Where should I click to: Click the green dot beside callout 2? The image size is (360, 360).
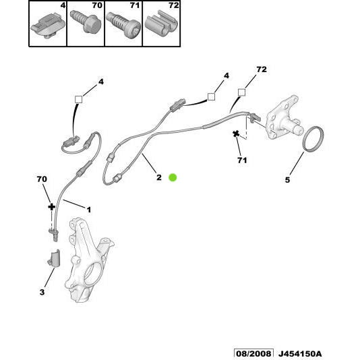point(172,177)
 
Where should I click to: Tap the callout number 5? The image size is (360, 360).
point(287,181)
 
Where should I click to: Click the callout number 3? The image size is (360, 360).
point(42,293)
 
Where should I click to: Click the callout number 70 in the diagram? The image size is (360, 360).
point(42,179)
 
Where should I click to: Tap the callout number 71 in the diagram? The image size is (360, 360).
point(242,160)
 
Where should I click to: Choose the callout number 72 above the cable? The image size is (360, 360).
point(262,69)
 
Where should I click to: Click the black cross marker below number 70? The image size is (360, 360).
point(51,208)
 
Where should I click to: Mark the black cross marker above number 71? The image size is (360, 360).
point(237,134)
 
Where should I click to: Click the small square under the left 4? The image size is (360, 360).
point(78,100)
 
